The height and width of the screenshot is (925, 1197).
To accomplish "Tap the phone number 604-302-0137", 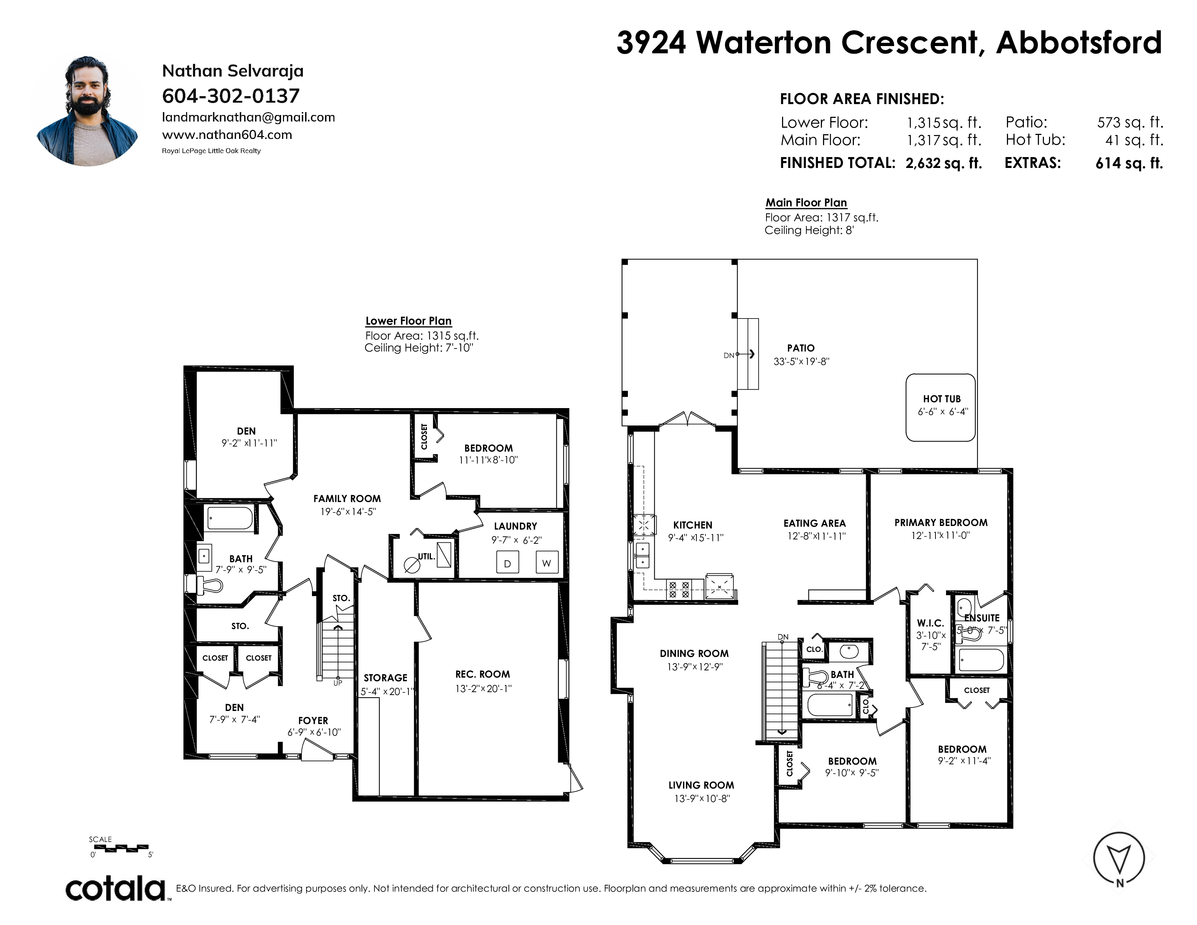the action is [x=231, y=96].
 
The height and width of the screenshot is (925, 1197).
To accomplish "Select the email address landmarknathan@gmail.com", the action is [x=248, y=117].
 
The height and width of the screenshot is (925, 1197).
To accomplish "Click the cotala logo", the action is [x=116, y=888].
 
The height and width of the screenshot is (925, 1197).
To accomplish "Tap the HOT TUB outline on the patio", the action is [x=941, y=407].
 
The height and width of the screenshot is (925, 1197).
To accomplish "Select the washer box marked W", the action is [x=546, y=562].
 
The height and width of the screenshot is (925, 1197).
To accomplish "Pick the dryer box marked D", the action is [x=507, y=563].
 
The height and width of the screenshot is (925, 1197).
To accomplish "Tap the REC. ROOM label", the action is [x=482, y=674].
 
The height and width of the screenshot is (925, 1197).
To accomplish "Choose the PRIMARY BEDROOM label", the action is [x=941, y=523].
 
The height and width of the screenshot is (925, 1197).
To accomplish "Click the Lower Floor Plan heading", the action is [x=408, y=321].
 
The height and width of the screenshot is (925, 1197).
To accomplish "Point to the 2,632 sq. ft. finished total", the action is [x=943, y=163].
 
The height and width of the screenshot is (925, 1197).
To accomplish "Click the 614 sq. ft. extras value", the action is [x=1129, y=163].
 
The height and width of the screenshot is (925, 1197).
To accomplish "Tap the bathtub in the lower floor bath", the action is [x=230, y=518].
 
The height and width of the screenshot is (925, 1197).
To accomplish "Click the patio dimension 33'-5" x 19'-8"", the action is [x=801, y=362].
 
